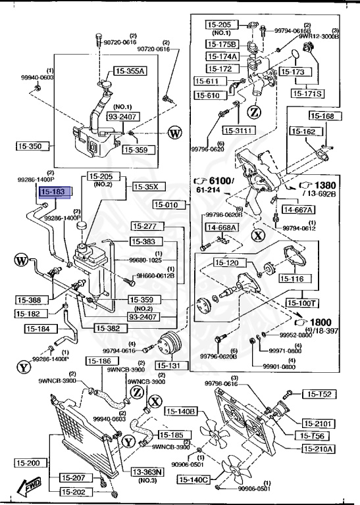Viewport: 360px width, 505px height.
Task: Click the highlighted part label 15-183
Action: pyautogui.click(x=53, y=192)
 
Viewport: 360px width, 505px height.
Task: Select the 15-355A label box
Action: pyautogui.click(x=130, y=71)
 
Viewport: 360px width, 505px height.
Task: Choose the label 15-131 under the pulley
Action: pyautogui.click(x=169, y=365)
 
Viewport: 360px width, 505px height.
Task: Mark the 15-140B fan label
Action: pyautogui.click(x=181, y=412)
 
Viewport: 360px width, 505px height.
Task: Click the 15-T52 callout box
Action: pyautogui.click(x=320, y=395)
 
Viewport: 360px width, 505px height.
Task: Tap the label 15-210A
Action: pyautogui.click(x=319, y=449)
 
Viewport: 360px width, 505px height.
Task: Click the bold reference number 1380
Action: pyautogui.click(x=325, y=185)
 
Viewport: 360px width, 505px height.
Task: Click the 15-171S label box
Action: pyautogui.click(x=308, y=94)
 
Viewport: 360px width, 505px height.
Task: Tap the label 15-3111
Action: pyautogui.click(x=238, y=130)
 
